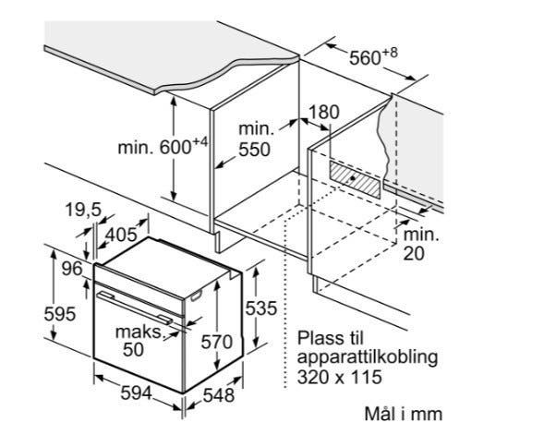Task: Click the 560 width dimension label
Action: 373,57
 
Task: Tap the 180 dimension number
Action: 323,112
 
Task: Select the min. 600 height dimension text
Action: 163,146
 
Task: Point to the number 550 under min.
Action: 254,150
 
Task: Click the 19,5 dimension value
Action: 83,210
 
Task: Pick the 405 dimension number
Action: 121,235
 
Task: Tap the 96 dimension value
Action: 72,269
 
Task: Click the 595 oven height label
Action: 60,314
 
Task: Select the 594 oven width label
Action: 136,393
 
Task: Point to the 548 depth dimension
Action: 219,395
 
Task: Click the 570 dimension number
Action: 217,343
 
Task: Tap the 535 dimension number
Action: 261,308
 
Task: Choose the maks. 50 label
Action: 139,340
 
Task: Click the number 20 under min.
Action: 414,254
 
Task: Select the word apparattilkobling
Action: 368,358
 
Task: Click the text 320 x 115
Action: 339,377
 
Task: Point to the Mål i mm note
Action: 404,414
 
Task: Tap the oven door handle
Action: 135,307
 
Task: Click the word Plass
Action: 320,337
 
